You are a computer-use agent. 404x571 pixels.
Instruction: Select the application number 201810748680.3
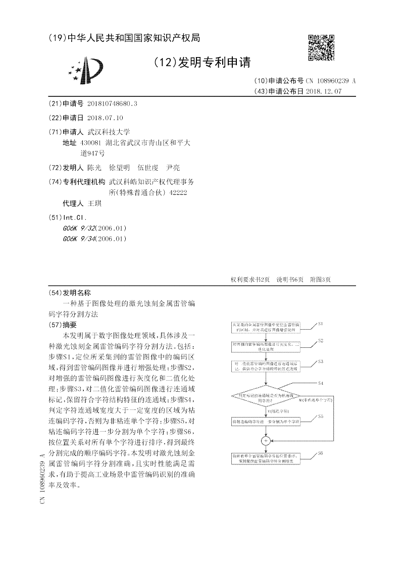112,103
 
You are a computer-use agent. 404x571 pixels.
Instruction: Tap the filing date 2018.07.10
105,118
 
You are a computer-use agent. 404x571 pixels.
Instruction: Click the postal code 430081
91,143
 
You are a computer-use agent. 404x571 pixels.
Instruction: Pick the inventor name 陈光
94,168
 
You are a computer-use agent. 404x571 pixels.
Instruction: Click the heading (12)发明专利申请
201,62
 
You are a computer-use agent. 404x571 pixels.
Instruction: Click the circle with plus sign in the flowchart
266,440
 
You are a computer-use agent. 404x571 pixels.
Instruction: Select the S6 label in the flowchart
321,454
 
